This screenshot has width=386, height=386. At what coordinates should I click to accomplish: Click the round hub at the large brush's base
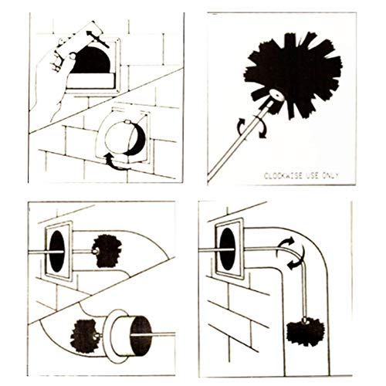[x=276, y=96]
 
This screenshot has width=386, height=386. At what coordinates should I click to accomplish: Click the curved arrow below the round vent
[x=117, y=162]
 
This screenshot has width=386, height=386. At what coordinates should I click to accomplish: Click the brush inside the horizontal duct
[x=107, y=251]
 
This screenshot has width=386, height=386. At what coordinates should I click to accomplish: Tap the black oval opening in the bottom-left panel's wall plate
[x=57, y=252]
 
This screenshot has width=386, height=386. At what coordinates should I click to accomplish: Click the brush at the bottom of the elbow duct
[x=306, y=332]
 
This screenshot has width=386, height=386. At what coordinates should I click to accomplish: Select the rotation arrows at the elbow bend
[x=291, y=253]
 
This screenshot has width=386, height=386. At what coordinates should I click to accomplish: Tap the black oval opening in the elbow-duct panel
[x=228, y=249]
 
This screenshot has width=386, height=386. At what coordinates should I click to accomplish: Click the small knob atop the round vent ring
[x=127, y=122]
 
